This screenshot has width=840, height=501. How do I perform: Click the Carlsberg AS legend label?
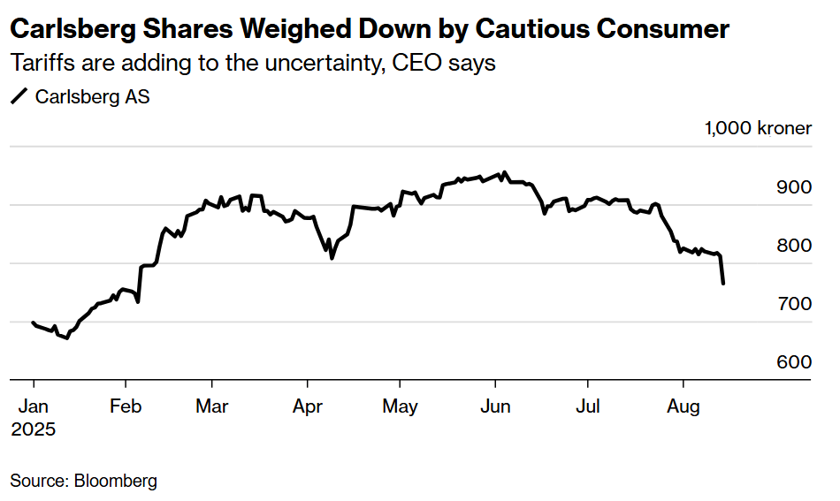coord(92,97)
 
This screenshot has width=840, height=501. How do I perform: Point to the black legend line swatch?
coord(19,97)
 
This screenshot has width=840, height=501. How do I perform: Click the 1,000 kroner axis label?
coord(758,128)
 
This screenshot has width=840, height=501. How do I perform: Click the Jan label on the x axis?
coord(33,406)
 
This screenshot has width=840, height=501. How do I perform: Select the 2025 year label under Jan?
coord(33,429)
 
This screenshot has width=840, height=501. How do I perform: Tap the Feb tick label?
coord(126,406)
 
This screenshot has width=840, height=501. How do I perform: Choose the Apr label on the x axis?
coord(307,406)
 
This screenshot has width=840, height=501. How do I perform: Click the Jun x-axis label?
coord(495,406)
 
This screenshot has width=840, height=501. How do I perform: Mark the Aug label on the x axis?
coord(683,406)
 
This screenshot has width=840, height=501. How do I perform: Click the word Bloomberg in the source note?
coord(115,482)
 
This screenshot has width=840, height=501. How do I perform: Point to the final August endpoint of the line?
coord(724,284)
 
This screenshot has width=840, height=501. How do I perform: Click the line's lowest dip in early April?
coord(332,258)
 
